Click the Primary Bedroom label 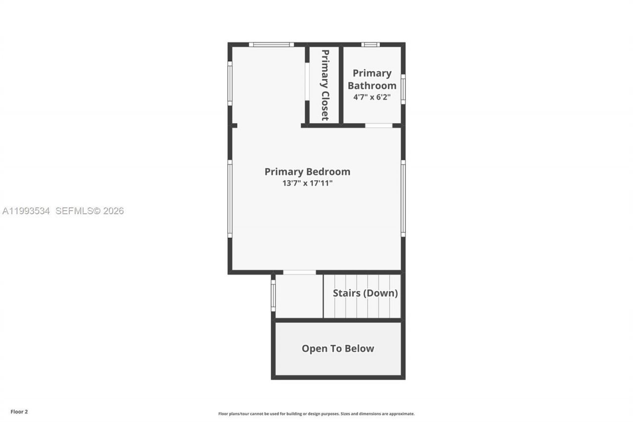307,172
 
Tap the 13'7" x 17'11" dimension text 307,183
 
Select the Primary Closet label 325,85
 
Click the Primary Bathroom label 372,79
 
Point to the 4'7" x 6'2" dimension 372,97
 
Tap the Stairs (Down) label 365,293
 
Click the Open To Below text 338,348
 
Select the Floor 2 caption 19,411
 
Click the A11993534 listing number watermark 26,211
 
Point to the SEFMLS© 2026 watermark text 90,211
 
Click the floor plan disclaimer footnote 316,414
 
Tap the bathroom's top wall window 370,45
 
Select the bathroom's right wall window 403,89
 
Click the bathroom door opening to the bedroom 379,126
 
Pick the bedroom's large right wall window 403,198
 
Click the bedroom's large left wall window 230,198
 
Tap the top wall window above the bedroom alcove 271,45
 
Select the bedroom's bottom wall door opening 299,272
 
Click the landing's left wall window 273,296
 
